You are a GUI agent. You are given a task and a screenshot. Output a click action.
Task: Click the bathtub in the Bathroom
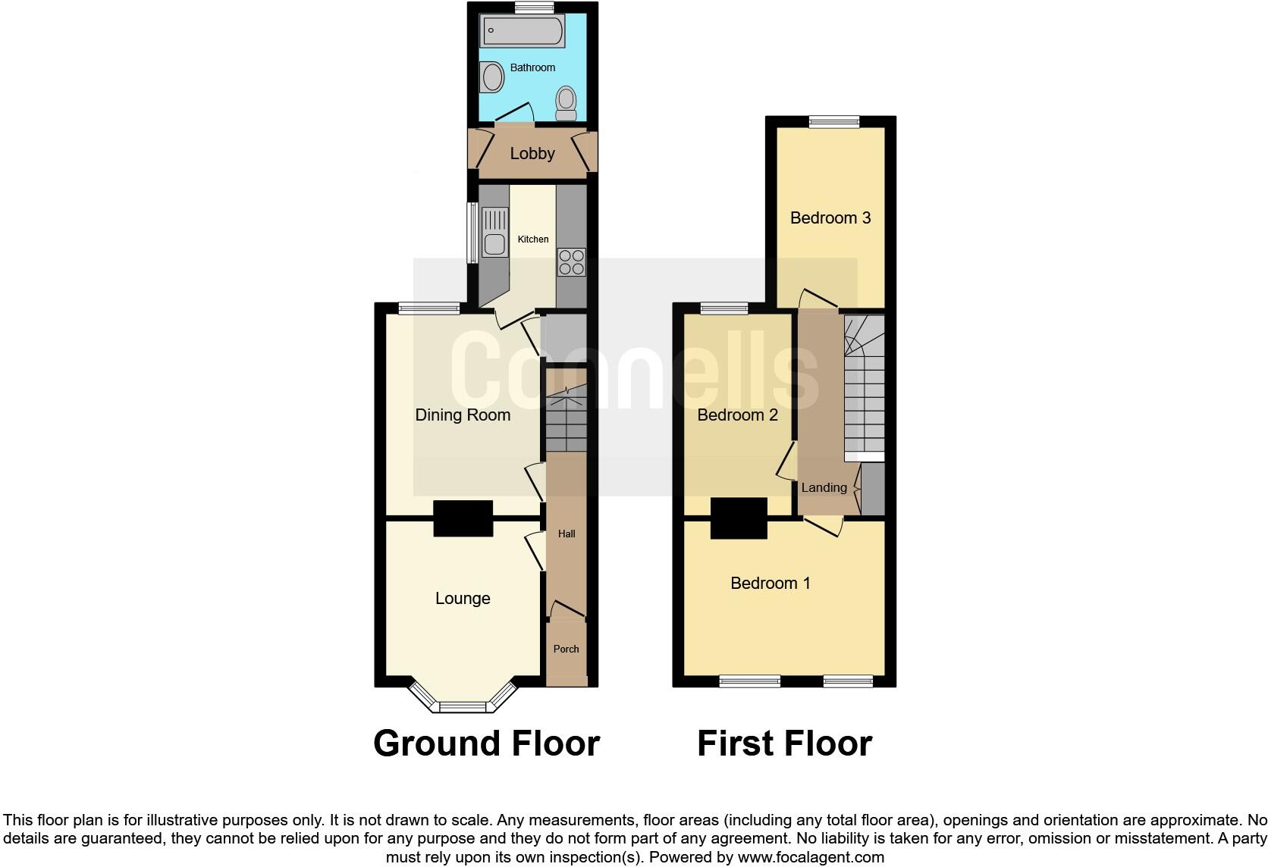(x=522, y=32)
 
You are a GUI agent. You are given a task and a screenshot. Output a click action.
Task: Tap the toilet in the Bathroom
(x=566, y=103)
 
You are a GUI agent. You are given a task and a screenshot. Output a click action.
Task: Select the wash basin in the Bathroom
(x=493, y=77)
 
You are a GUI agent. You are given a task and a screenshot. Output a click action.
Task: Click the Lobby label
(x=532, y=154)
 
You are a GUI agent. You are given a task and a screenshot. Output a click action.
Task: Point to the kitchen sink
(x=494, y=243)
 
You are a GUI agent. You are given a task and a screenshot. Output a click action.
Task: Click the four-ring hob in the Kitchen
(x=572, y=261)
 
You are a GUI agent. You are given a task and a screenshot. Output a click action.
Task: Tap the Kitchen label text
(x=532, y=239)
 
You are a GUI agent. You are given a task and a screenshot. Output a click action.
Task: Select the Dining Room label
(x=463, y=415)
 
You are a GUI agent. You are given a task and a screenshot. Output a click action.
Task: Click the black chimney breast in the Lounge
(x=463, y=519)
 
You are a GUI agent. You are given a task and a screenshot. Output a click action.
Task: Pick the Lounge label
(x=463, y=599)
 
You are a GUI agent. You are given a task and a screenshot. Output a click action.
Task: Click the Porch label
(x=566, y=649)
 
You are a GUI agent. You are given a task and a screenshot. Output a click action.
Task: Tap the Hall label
(x=567, y=534)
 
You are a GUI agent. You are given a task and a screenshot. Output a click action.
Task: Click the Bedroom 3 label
(x=830, y=218)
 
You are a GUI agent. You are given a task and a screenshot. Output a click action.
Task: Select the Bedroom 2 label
(x=737, y=415)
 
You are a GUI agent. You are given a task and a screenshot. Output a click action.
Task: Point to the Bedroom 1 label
(x=770, y=584)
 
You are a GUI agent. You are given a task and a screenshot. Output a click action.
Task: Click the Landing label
(x=824, y=488)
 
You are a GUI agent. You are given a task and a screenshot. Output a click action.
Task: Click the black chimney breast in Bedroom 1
(x=738, y=518)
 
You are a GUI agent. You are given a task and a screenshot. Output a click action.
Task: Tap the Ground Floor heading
(x=486, y=743)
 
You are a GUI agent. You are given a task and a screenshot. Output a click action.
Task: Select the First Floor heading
(x=784, y=743)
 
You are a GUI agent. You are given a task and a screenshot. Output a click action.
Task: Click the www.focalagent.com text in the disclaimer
(x=811, y=858)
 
